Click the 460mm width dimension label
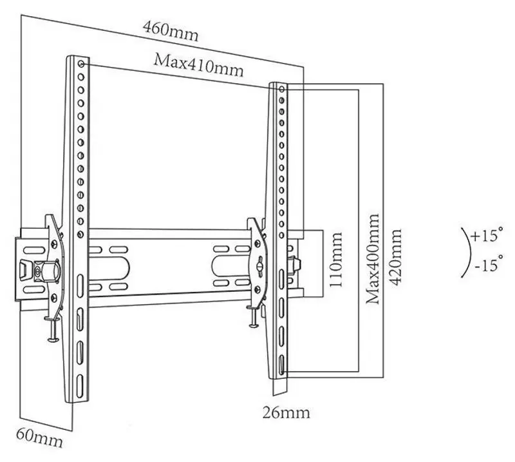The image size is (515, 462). [x=171, y=30]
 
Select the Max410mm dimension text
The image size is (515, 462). [x=198, y=64]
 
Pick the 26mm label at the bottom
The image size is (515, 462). [x=286, y=411]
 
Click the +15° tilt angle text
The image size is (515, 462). [x=486, y=236]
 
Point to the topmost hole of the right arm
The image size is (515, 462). [x=281, y=88]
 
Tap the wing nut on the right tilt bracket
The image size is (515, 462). [x=258, y=262]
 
